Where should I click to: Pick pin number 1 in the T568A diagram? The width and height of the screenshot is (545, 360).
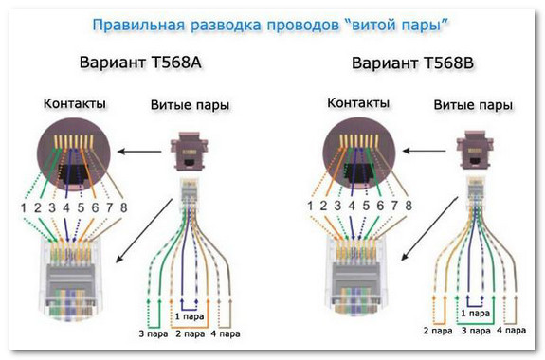tap(18, 205)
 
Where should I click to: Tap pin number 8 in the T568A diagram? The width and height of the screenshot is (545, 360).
tap(124, 205)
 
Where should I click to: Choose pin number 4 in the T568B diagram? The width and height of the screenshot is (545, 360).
tap(349, 205)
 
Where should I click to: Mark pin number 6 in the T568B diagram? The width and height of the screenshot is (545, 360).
tap(379, 205)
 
